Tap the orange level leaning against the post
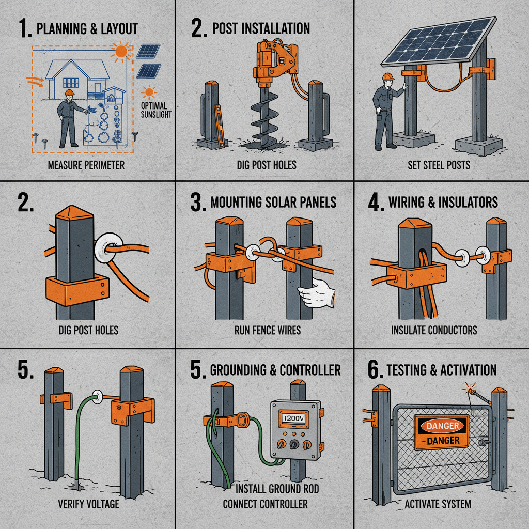220,126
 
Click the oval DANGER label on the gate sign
442,426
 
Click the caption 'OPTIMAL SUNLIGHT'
156,110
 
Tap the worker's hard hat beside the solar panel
388,76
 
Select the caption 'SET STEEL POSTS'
439,165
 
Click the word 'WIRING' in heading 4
406,202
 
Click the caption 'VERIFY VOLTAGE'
88,504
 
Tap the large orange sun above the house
120,52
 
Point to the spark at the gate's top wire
470,389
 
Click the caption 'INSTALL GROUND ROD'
277,489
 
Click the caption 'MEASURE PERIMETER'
86,165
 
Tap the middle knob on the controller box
294,444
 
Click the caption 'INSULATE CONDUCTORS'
434,330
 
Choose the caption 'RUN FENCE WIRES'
268,330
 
